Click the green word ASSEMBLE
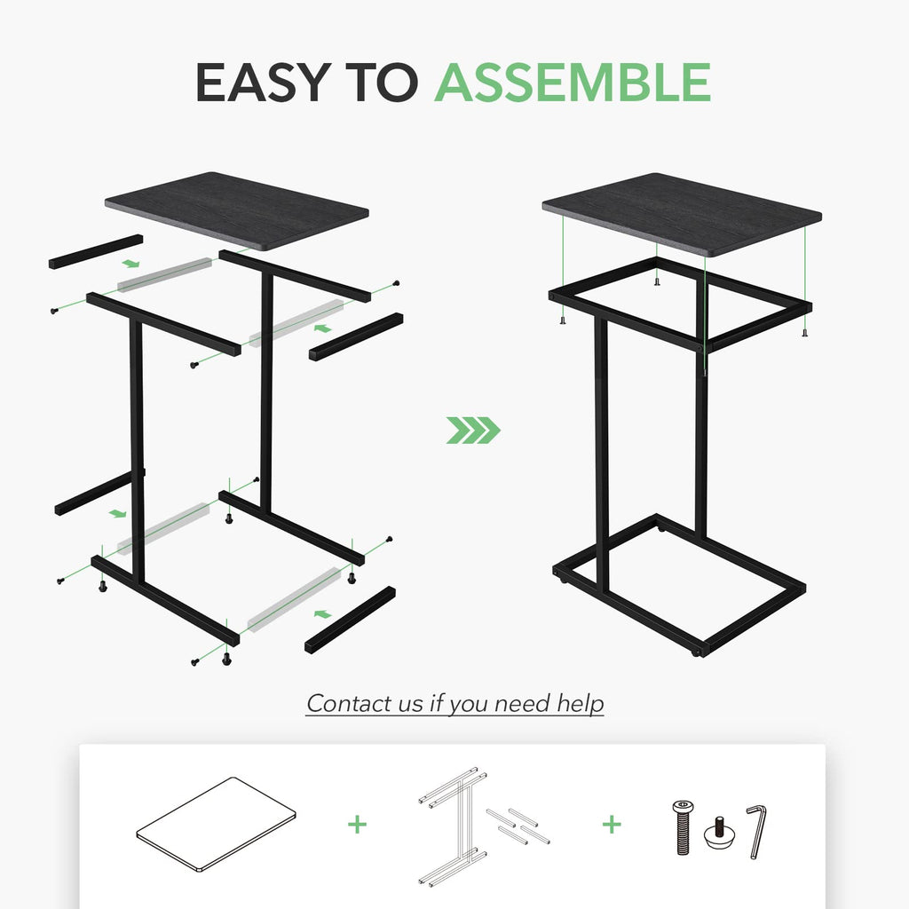tap(572, 83)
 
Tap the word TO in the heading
tap(382, 83)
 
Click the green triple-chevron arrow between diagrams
tap(472, 431)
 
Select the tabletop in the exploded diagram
tap(236, 211)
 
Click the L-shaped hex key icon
tap(755, 830)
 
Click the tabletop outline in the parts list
tap(216, 823)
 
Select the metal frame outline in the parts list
tap(462, 824)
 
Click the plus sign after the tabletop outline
tap(357, 825)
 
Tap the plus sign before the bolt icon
tap(612, 825)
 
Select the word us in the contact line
tap(412, 704)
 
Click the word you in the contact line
tap(469, 704)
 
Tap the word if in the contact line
tap(436, 704)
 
